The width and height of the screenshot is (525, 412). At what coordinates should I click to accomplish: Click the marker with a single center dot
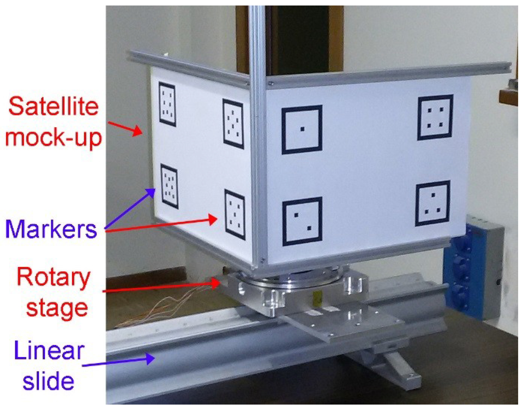[x=302, y=129]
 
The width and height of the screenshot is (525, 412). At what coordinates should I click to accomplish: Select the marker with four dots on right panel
[x=435, y=117]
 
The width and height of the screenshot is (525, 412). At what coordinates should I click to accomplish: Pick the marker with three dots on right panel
[x=432, y=203]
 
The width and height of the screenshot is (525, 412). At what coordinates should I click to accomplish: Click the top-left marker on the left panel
[x=167, y=104]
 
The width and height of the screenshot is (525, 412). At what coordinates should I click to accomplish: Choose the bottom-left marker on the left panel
[x=169, y=186]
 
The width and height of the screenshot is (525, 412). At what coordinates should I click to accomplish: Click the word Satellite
[x=53, y=107]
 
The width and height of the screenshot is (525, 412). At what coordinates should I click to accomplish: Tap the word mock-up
[x=53, y=137]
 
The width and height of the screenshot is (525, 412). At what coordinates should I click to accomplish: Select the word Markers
[x=51, y=229]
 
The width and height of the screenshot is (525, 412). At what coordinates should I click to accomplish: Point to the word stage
[x=57, y=308]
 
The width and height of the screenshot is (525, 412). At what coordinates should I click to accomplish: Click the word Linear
[x=49, y=350]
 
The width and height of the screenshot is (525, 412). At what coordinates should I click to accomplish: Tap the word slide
[x=48, y=381]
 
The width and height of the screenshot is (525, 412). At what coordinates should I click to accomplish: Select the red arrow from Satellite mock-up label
[x=125, y=128]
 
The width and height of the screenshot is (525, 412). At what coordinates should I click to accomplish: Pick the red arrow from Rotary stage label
[x=162, y=287]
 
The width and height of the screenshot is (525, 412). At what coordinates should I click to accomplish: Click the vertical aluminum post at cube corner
[x=258, y=137]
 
